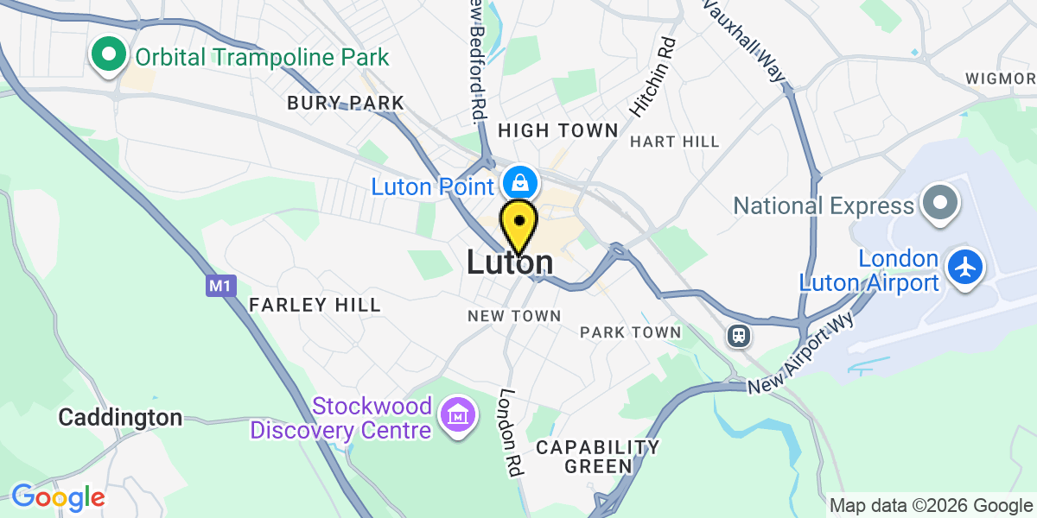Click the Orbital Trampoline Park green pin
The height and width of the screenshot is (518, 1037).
[108, 55]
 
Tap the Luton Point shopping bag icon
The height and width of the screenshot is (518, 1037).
[521, 183]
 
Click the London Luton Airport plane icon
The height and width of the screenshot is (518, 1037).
[965, 267]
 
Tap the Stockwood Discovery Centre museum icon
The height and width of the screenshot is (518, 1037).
[457, 416]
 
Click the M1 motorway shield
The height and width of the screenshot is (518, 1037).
[221, 285]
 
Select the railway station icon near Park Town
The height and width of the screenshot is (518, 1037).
[739, 335]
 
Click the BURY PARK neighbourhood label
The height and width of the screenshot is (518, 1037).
[346, 104]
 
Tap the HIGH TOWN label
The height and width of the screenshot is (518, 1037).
[558, 130]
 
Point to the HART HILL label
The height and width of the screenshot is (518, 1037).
[674, 141]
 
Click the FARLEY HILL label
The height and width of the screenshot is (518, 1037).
[315, 305]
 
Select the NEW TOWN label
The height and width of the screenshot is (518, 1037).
[514, 317]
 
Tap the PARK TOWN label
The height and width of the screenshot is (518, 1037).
[630, 332]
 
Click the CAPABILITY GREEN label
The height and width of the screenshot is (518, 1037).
[597, 457]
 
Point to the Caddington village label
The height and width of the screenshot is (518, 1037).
[120, 418]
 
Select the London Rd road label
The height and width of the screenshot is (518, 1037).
[510, 432]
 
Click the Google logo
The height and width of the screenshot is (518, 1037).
[58, 497]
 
